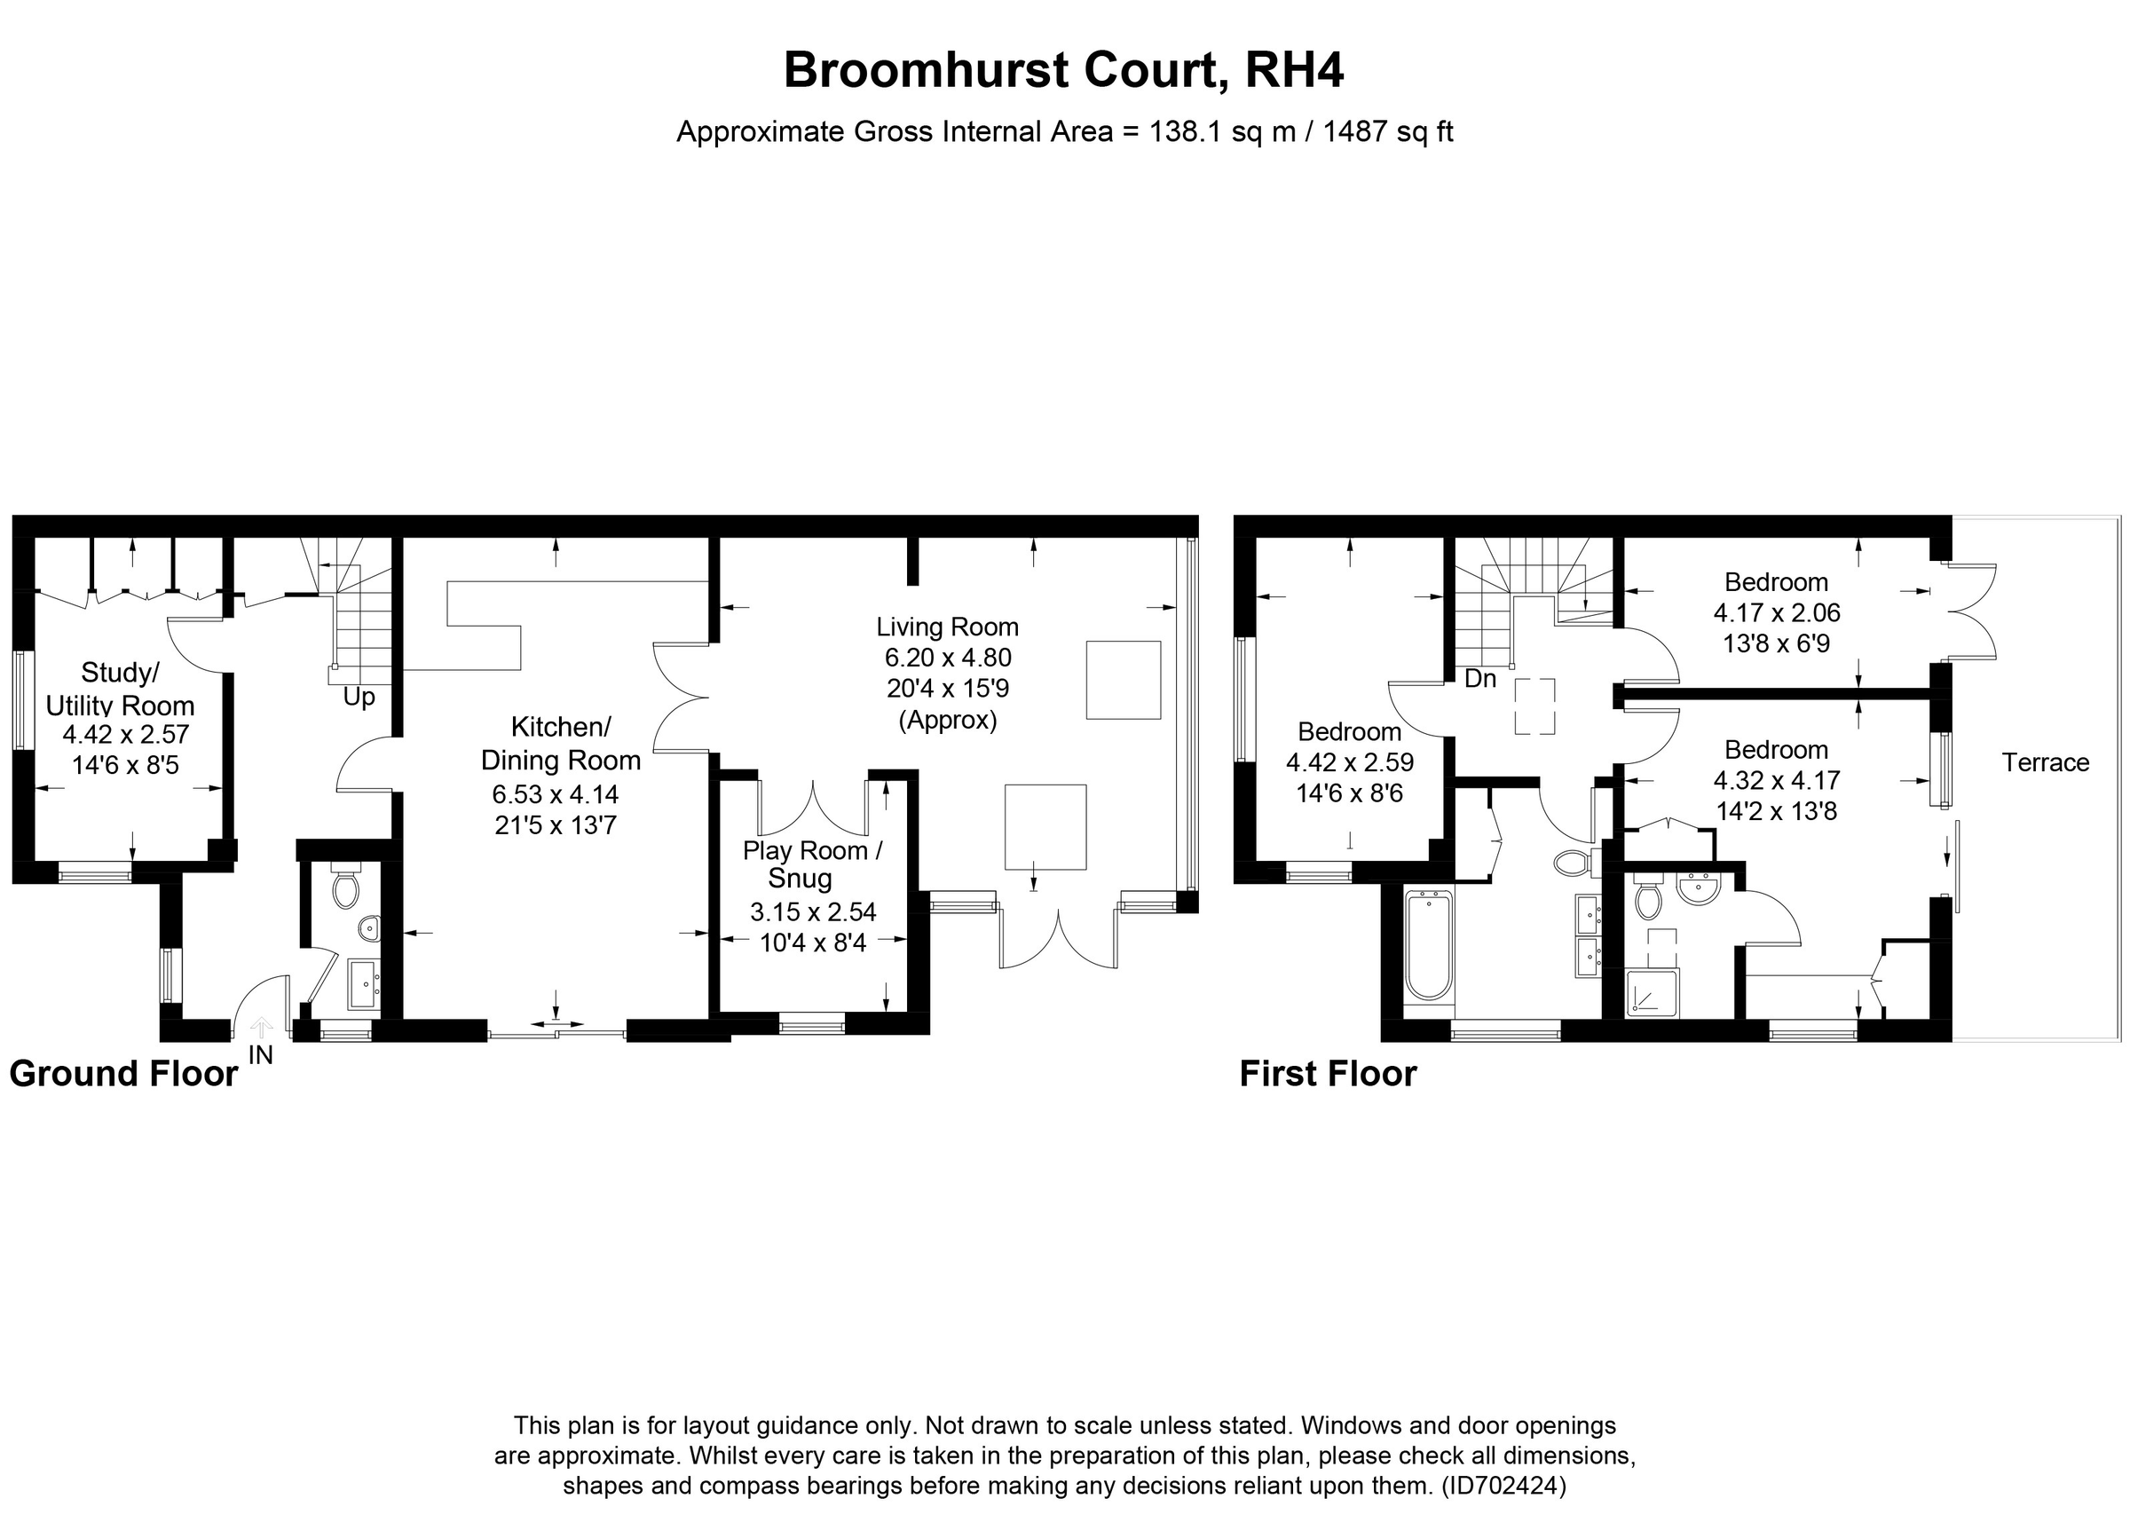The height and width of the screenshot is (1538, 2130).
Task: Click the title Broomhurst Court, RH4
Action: coord(1063,70)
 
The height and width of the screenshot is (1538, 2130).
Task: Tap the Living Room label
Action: coord(947,627)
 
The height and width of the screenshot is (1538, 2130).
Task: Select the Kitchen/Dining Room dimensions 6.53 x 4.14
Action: coord(555,794)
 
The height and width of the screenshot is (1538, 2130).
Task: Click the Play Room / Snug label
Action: coord(811,864)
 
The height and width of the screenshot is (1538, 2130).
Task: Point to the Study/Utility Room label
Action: coord(120,689)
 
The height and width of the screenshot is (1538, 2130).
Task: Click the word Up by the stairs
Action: coord(359,697)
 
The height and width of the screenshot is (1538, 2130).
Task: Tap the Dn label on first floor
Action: coord(1479,678)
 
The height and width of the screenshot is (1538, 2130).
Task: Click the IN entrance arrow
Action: coord(260,1030)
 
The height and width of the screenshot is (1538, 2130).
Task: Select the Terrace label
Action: coord(2045,762)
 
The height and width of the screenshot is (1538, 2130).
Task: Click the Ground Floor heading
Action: coord(123,1073)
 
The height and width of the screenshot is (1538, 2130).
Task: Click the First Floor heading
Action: coord(1327,1073)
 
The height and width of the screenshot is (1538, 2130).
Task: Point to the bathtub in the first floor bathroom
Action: coord(1429,945)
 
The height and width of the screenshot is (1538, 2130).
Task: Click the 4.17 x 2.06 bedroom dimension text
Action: coord(1776,613)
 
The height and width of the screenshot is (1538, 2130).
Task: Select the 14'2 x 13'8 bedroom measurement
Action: coord(1776,810)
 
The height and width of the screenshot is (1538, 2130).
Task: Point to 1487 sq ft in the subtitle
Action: coord(1387,131)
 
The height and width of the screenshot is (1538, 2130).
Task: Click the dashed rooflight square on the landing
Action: coord(1534,706)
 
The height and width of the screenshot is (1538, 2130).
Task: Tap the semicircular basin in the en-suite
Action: coord(1698,888)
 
